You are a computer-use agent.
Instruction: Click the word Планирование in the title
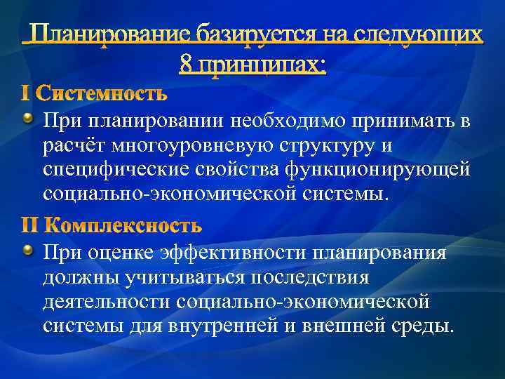113,34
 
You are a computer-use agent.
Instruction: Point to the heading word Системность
102,93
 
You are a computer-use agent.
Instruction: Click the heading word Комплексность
122,225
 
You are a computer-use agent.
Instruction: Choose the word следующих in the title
425,34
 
